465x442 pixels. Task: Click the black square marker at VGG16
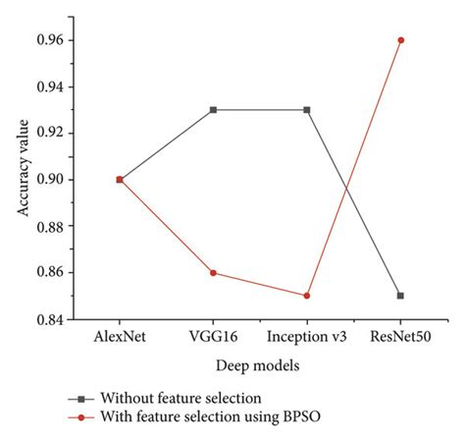pos(213,110)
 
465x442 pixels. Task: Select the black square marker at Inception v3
pos(307,110)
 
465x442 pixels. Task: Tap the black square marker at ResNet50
pos(400,295)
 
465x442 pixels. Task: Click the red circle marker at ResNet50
pos(400,40)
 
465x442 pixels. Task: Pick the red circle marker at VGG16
pos(213,272)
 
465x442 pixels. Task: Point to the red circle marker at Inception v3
pos(307,295)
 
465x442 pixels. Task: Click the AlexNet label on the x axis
pos(120,336)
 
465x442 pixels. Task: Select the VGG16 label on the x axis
pos(213,336)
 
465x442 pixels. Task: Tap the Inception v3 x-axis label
pos(307,336)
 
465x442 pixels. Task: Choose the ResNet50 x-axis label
pos(401,336)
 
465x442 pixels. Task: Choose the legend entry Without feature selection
pos(182,398)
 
